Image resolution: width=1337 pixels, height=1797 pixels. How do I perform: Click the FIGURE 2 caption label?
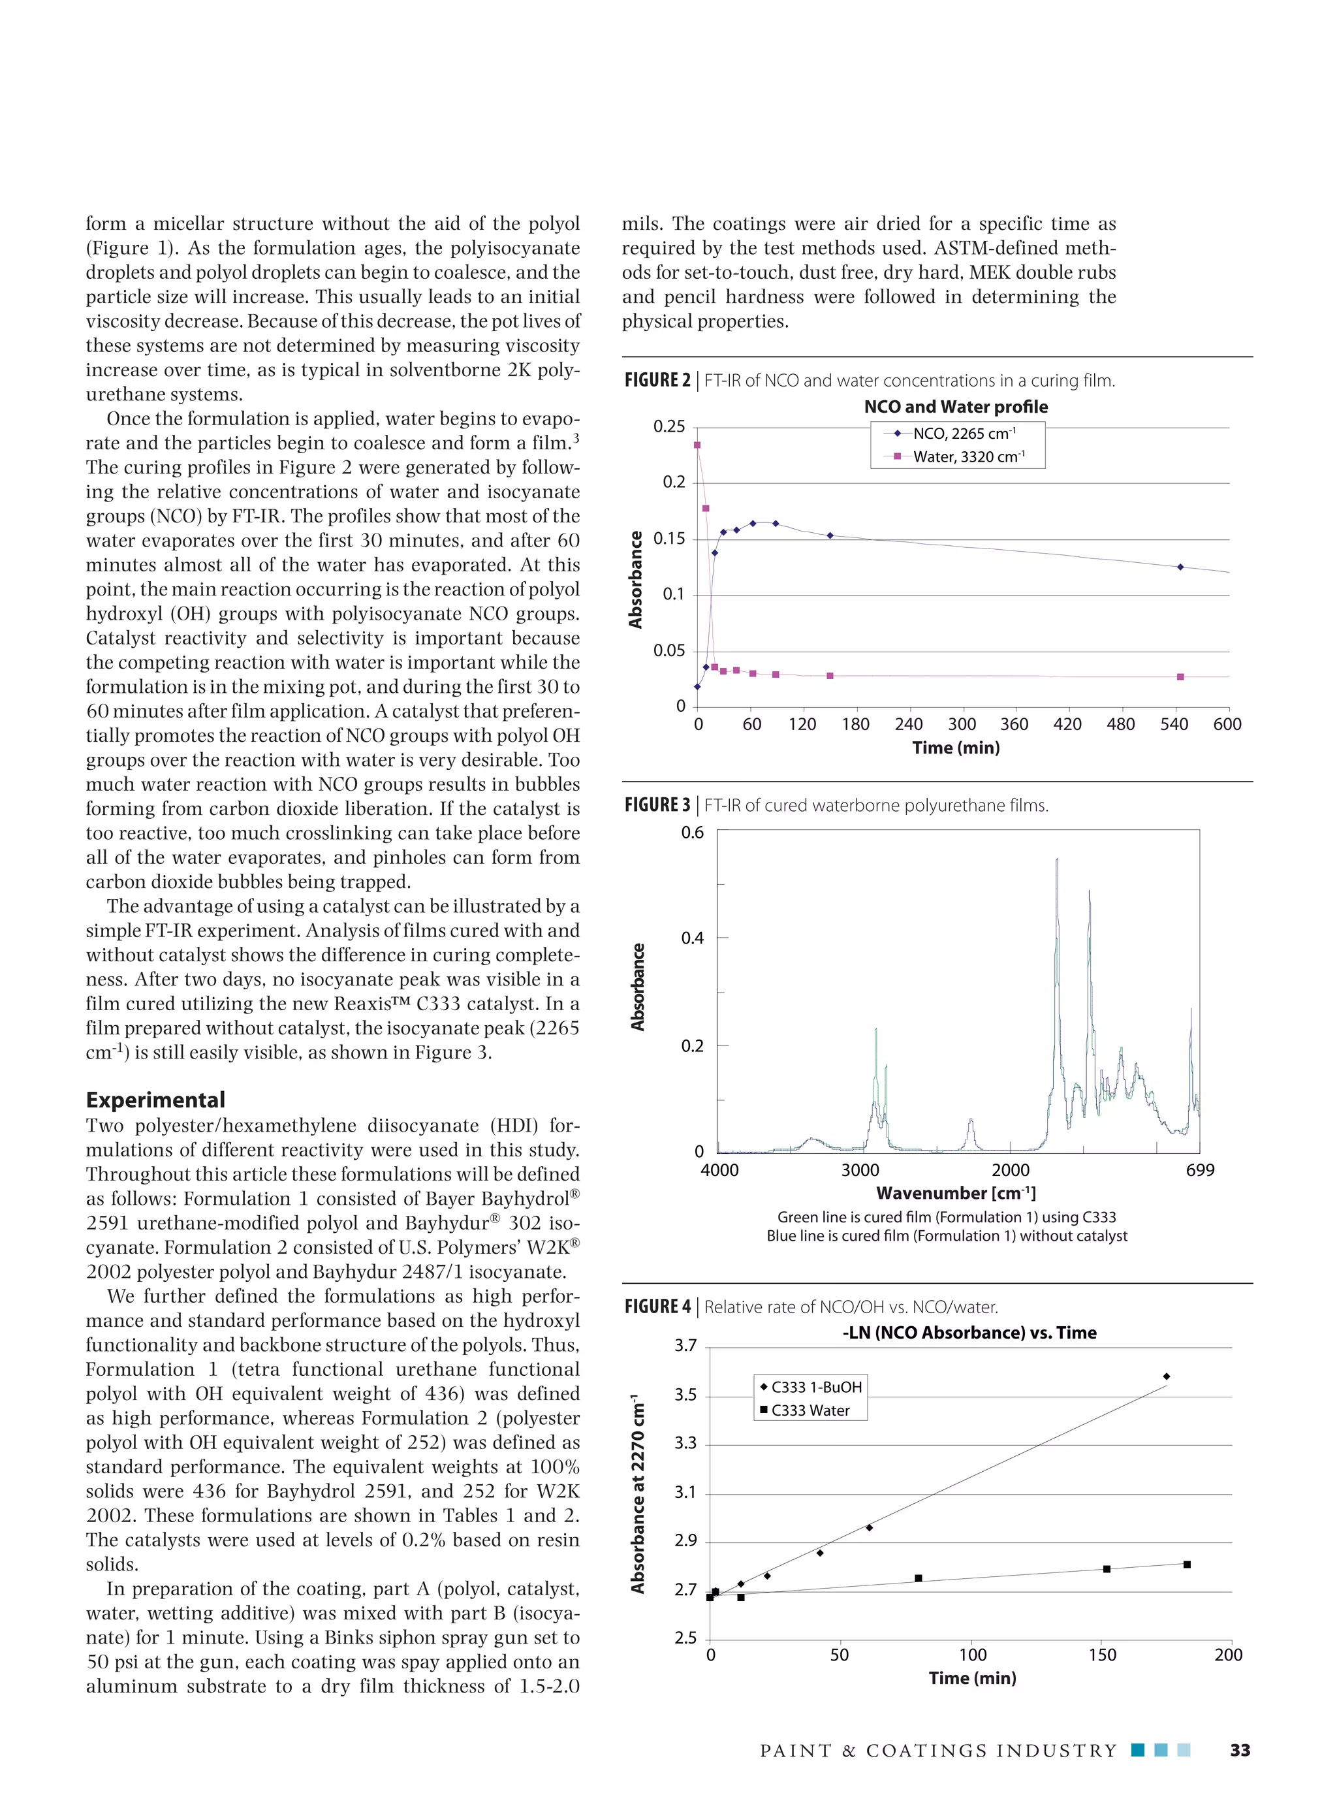(x=657, y=381)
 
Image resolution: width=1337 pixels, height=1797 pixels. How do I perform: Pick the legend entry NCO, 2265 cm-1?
(x=964, y=433)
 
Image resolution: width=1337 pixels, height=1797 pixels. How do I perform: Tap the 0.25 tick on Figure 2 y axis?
(x=668, y=426)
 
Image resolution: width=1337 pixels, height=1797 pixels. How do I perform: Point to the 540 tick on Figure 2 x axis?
(x=1174, y=724)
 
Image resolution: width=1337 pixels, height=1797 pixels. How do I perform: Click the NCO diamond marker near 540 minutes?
(x=1180, y=567)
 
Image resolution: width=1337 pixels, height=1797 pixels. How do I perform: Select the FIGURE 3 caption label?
(x=657, y=805)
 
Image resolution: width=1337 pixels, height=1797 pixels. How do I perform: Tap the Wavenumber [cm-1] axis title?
(x=956, y=1193)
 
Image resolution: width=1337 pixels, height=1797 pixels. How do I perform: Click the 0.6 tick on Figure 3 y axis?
(x=692, y=833)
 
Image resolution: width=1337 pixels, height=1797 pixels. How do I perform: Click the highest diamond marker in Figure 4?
(x=1166, y=1376)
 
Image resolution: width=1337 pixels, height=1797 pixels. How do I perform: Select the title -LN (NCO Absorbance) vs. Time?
(x=969, y=1332)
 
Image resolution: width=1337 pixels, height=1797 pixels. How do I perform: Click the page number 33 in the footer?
(x=1239, y=1750)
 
